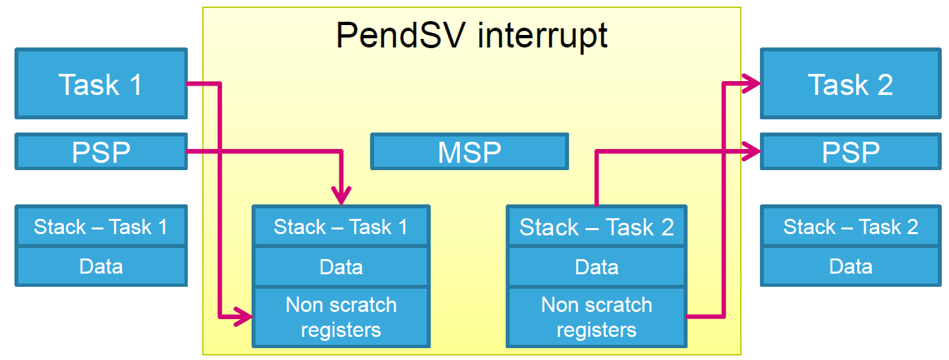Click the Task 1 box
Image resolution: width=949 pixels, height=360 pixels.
pyautogui.click(x=101, y=84)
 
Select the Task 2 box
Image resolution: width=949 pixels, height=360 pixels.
pyautogui.click(x=850, y=84)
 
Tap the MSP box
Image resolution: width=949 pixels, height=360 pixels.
pyautogui.click(x=469, y=152)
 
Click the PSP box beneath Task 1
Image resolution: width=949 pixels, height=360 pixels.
pyautogui.click(x=101, y=152)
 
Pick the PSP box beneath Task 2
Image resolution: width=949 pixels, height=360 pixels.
pyautogui.click(x=850, y=152)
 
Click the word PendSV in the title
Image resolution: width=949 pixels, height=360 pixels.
pyautogui.click(x=401, y=35)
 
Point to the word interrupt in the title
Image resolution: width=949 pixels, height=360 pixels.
pyautogui.click(x=542, y=35)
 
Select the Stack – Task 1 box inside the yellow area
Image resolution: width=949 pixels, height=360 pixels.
pyautogui.click(x=341, y=226)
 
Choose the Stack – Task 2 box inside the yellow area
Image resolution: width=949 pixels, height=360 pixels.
pyautogui.click(x=596, y=226)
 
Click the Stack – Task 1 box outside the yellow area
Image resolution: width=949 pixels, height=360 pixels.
pyautogui.click(x=101, y=226)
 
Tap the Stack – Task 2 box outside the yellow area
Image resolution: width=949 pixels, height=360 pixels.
pyautogui.click(x=850, y=226)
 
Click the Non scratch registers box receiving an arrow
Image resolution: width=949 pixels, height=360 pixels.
pyautogui.click(x=341, y=316)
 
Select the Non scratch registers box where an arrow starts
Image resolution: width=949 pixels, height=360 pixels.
pyautogui.click(x=596, y=316)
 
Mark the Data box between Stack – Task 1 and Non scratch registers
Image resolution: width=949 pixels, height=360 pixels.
pyautogui.click(x=341, y=266)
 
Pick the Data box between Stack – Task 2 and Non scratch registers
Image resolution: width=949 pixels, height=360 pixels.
pyautogui.click(x=596, y=266)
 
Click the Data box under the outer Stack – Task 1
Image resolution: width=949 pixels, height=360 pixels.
pyautogui.click(x=101, y=266)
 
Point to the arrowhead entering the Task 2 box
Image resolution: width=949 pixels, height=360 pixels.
pyautogui.click(x=752, y=83)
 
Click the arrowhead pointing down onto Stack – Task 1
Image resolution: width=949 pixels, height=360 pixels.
pyautogui.click(x=341, y=196)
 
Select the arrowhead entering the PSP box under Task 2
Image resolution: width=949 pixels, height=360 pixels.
pyautogui.click(x=752, y=151)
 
